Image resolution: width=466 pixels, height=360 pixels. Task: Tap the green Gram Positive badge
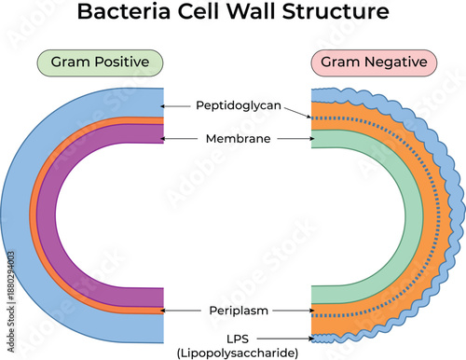[100, 63]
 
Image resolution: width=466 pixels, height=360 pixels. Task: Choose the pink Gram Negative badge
[373, 63]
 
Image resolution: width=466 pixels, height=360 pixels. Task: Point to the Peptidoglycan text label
[239, 106]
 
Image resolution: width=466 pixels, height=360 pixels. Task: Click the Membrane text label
[239, 138]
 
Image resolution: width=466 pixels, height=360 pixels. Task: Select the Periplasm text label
[239, 309]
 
